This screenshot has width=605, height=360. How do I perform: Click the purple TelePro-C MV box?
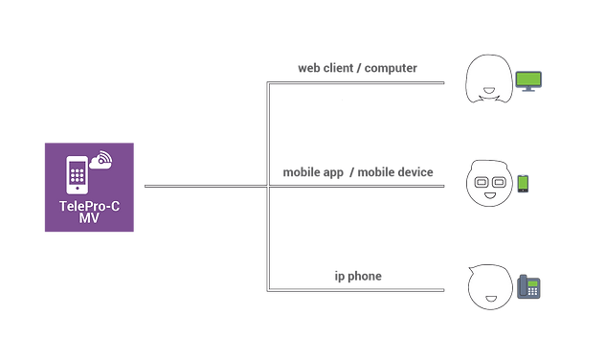click(89, 187)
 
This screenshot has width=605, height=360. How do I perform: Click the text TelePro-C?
click(89, 206)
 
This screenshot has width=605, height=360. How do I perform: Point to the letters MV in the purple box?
click(89, 219)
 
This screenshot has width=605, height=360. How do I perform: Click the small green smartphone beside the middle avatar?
click(523, 183)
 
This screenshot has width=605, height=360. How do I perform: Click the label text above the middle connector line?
click(358, 172)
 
